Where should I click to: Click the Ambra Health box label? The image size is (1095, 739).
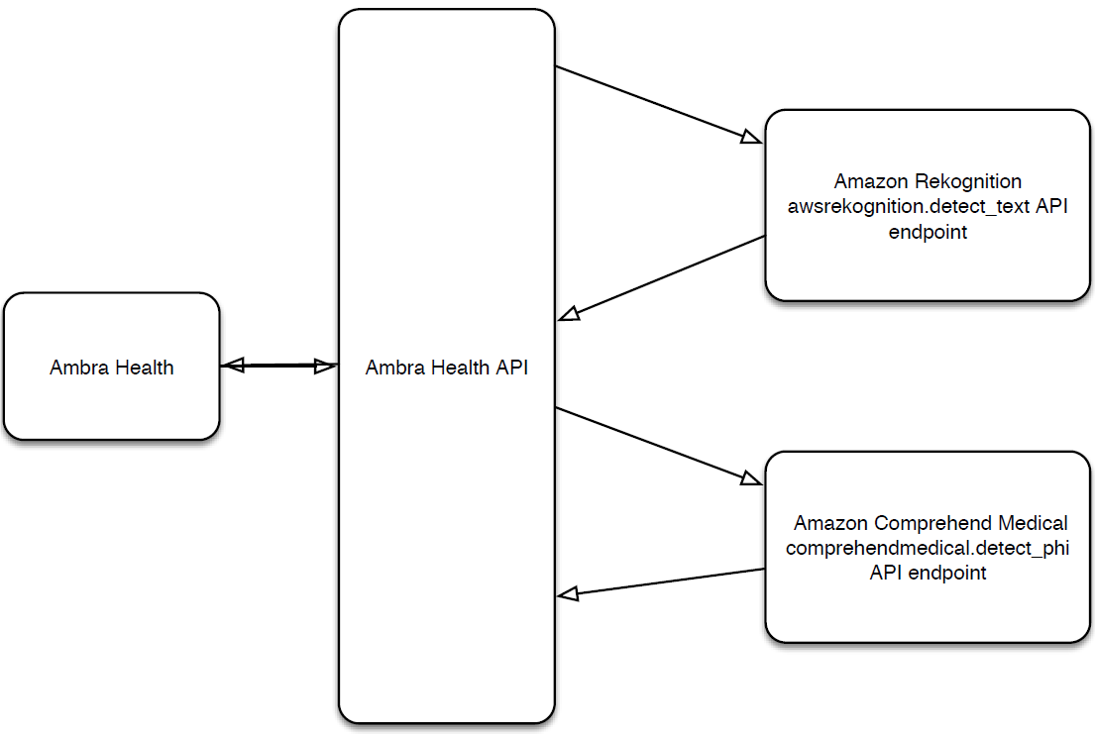tap(111, 368)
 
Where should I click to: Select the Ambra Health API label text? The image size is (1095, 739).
tap(446, 368)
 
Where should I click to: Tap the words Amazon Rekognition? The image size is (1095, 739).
tap(928, 181)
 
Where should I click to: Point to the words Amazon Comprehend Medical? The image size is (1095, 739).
tap(931, 523)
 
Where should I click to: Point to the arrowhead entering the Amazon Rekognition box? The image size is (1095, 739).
tap(751, 137)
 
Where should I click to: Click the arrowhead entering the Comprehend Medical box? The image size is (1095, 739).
tap(751, 478)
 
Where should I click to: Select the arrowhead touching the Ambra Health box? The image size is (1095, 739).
tap(232, 366)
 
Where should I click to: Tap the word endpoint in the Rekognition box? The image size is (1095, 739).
tap(928, 233)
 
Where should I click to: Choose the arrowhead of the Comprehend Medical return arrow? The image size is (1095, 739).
tap(568, 594)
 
